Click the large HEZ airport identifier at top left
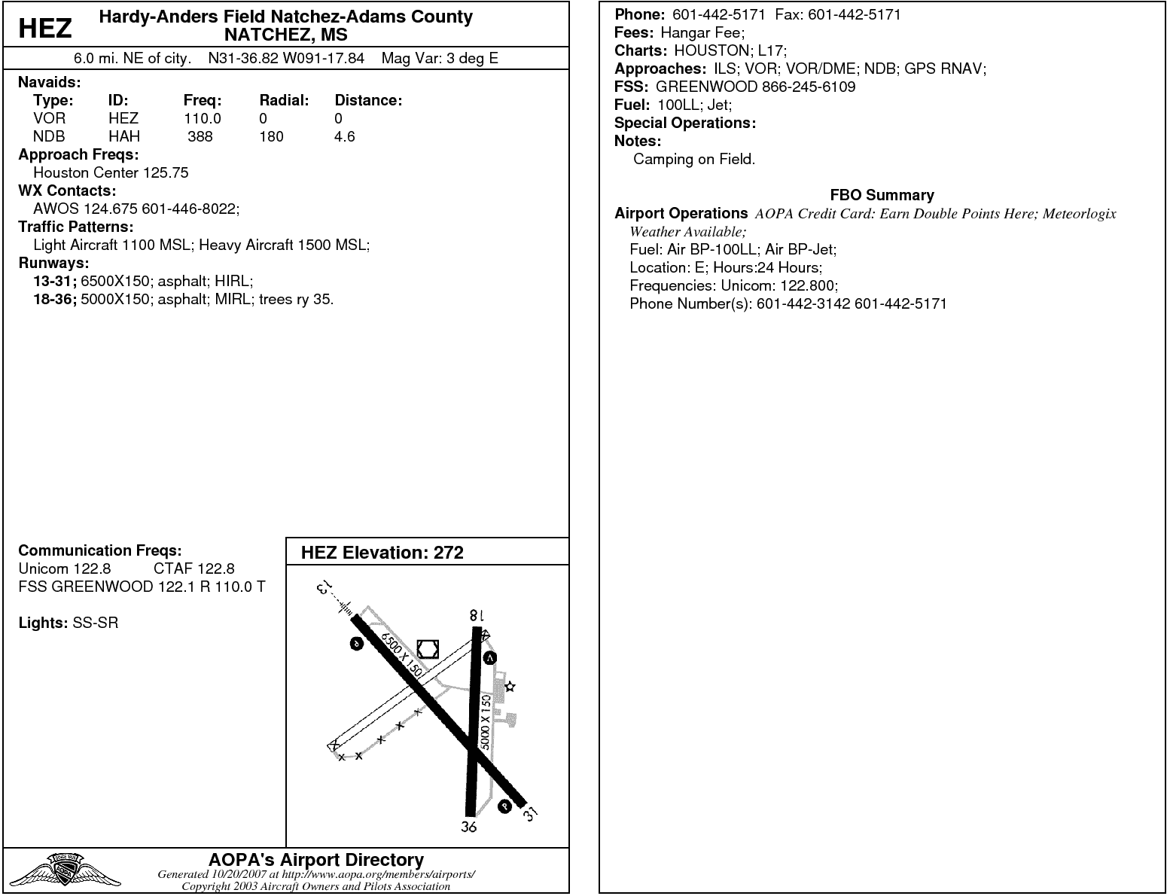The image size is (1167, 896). pos(45,28)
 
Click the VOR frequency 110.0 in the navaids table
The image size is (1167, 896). pos(203,118)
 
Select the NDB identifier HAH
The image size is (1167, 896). pos(124,136)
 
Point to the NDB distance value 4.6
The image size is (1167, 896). pos(345,136)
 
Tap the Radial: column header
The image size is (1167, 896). pos(285,100)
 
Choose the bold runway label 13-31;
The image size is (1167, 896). pos(55,281)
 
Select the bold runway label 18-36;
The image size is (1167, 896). pos(55,299)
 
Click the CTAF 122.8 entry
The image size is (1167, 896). pos(194,568)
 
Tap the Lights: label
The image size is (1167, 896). pos(43,623)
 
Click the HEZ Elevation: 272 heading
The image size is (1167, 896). pos(382,552)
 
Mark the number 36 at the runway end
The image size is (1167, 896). pos(469,827)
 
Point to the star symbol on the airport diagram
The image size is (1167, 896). pos(510,687)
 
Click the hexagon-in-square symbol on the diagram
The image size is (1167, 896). pos(428,648)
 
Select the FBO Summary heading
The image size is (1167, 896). pos(882,195)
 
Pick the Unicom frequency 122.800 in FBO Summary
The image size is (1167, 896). pos(812,285)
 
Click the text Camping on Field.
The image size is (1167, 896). pos(693,159)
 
